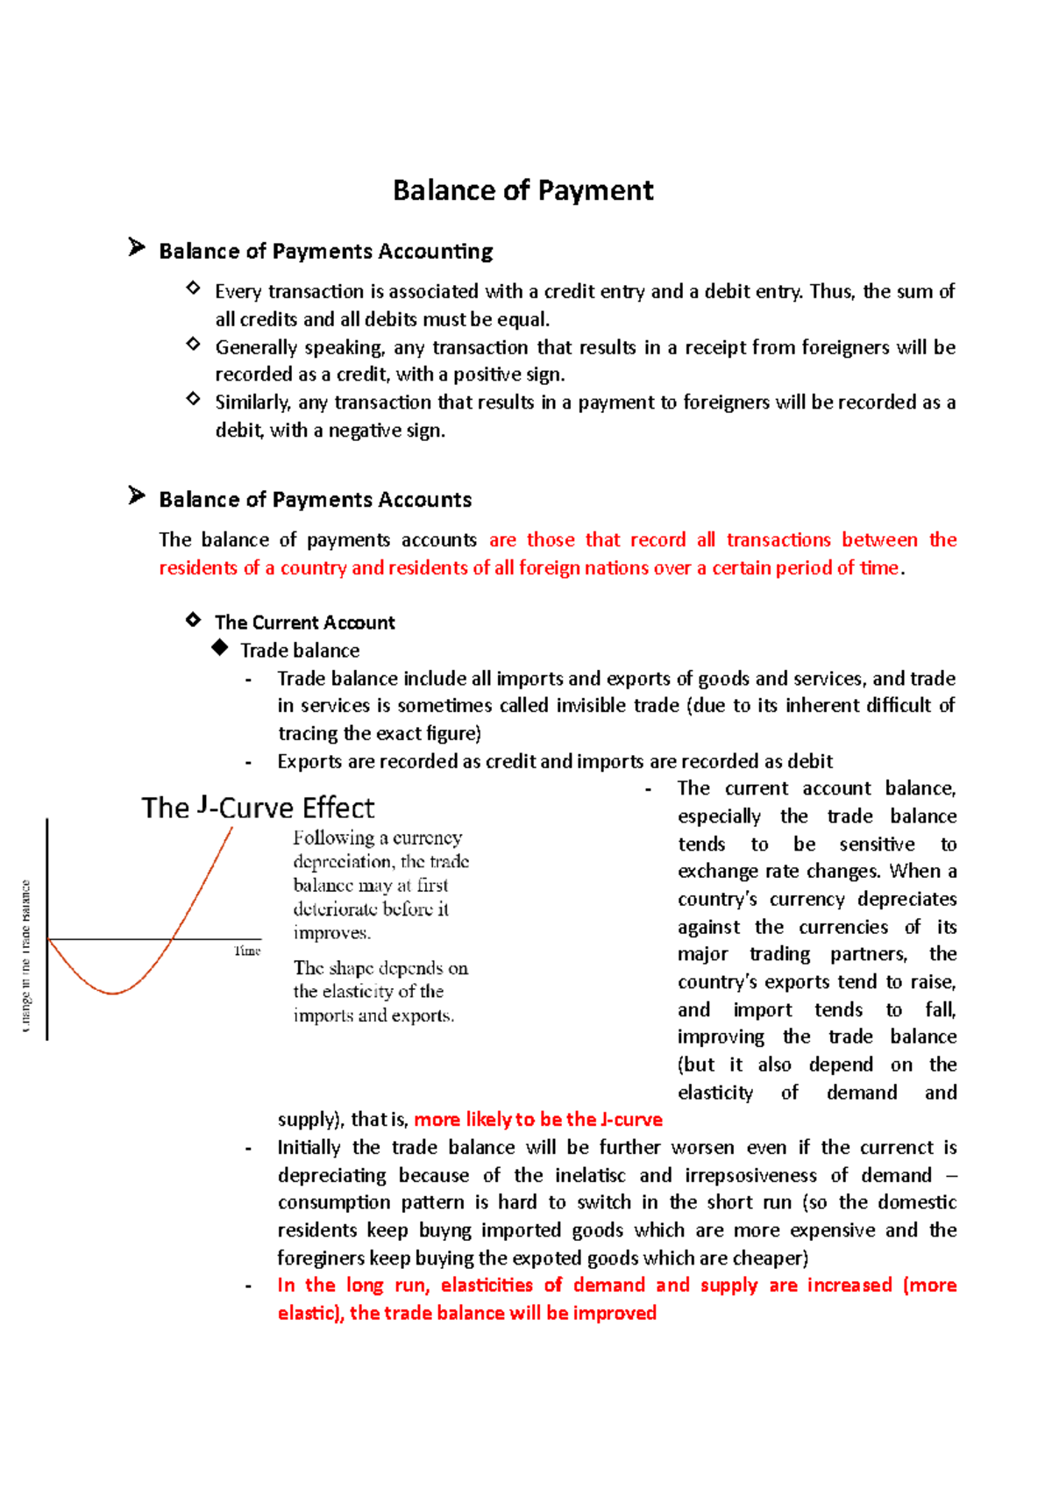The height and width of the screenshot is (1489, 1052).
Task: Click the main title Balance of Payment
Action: click(x=522, y=190)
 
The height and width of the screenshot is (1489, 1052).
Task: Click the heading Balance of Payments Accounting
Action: click(x=325, y=252)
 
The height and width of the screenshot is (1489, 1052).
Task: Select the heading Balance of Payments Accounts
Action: click(x=315, y=500)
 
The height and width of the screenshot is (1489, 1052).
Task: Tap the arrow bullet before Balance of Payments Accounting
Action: click(x=136, y=247)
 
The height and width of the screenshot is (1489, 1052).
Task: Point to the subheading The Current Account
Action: click(x=304, y=623)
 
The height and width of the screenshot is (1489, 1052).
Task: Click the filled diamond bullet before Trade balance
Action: click(x=219, y=648)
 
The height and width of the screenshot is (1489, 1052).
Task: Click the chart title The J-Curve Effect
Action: click(x=258, y=808)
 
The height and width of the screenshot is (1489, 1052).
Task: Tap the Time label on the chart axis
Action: click(x=247, y=951)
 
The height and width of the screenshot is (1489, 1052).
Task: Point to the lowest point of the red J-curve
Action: click(x=112, y=993)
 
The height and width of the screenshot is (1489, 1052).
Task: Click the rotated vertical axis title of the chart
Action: click(x=25, y=956)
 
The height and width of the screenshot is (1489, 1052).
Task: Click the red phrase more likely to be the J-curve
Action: click(x=537, y=1120)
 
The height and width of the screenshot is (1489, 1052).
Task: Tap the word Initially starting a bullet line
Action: click(x=309, y=1148)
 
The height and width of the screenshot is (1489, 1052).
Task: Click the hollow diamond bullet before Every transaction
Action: click(x=193, y=288)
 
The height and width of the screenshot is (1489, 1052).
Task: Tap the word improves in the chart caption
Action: click(x=331, y=933)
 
